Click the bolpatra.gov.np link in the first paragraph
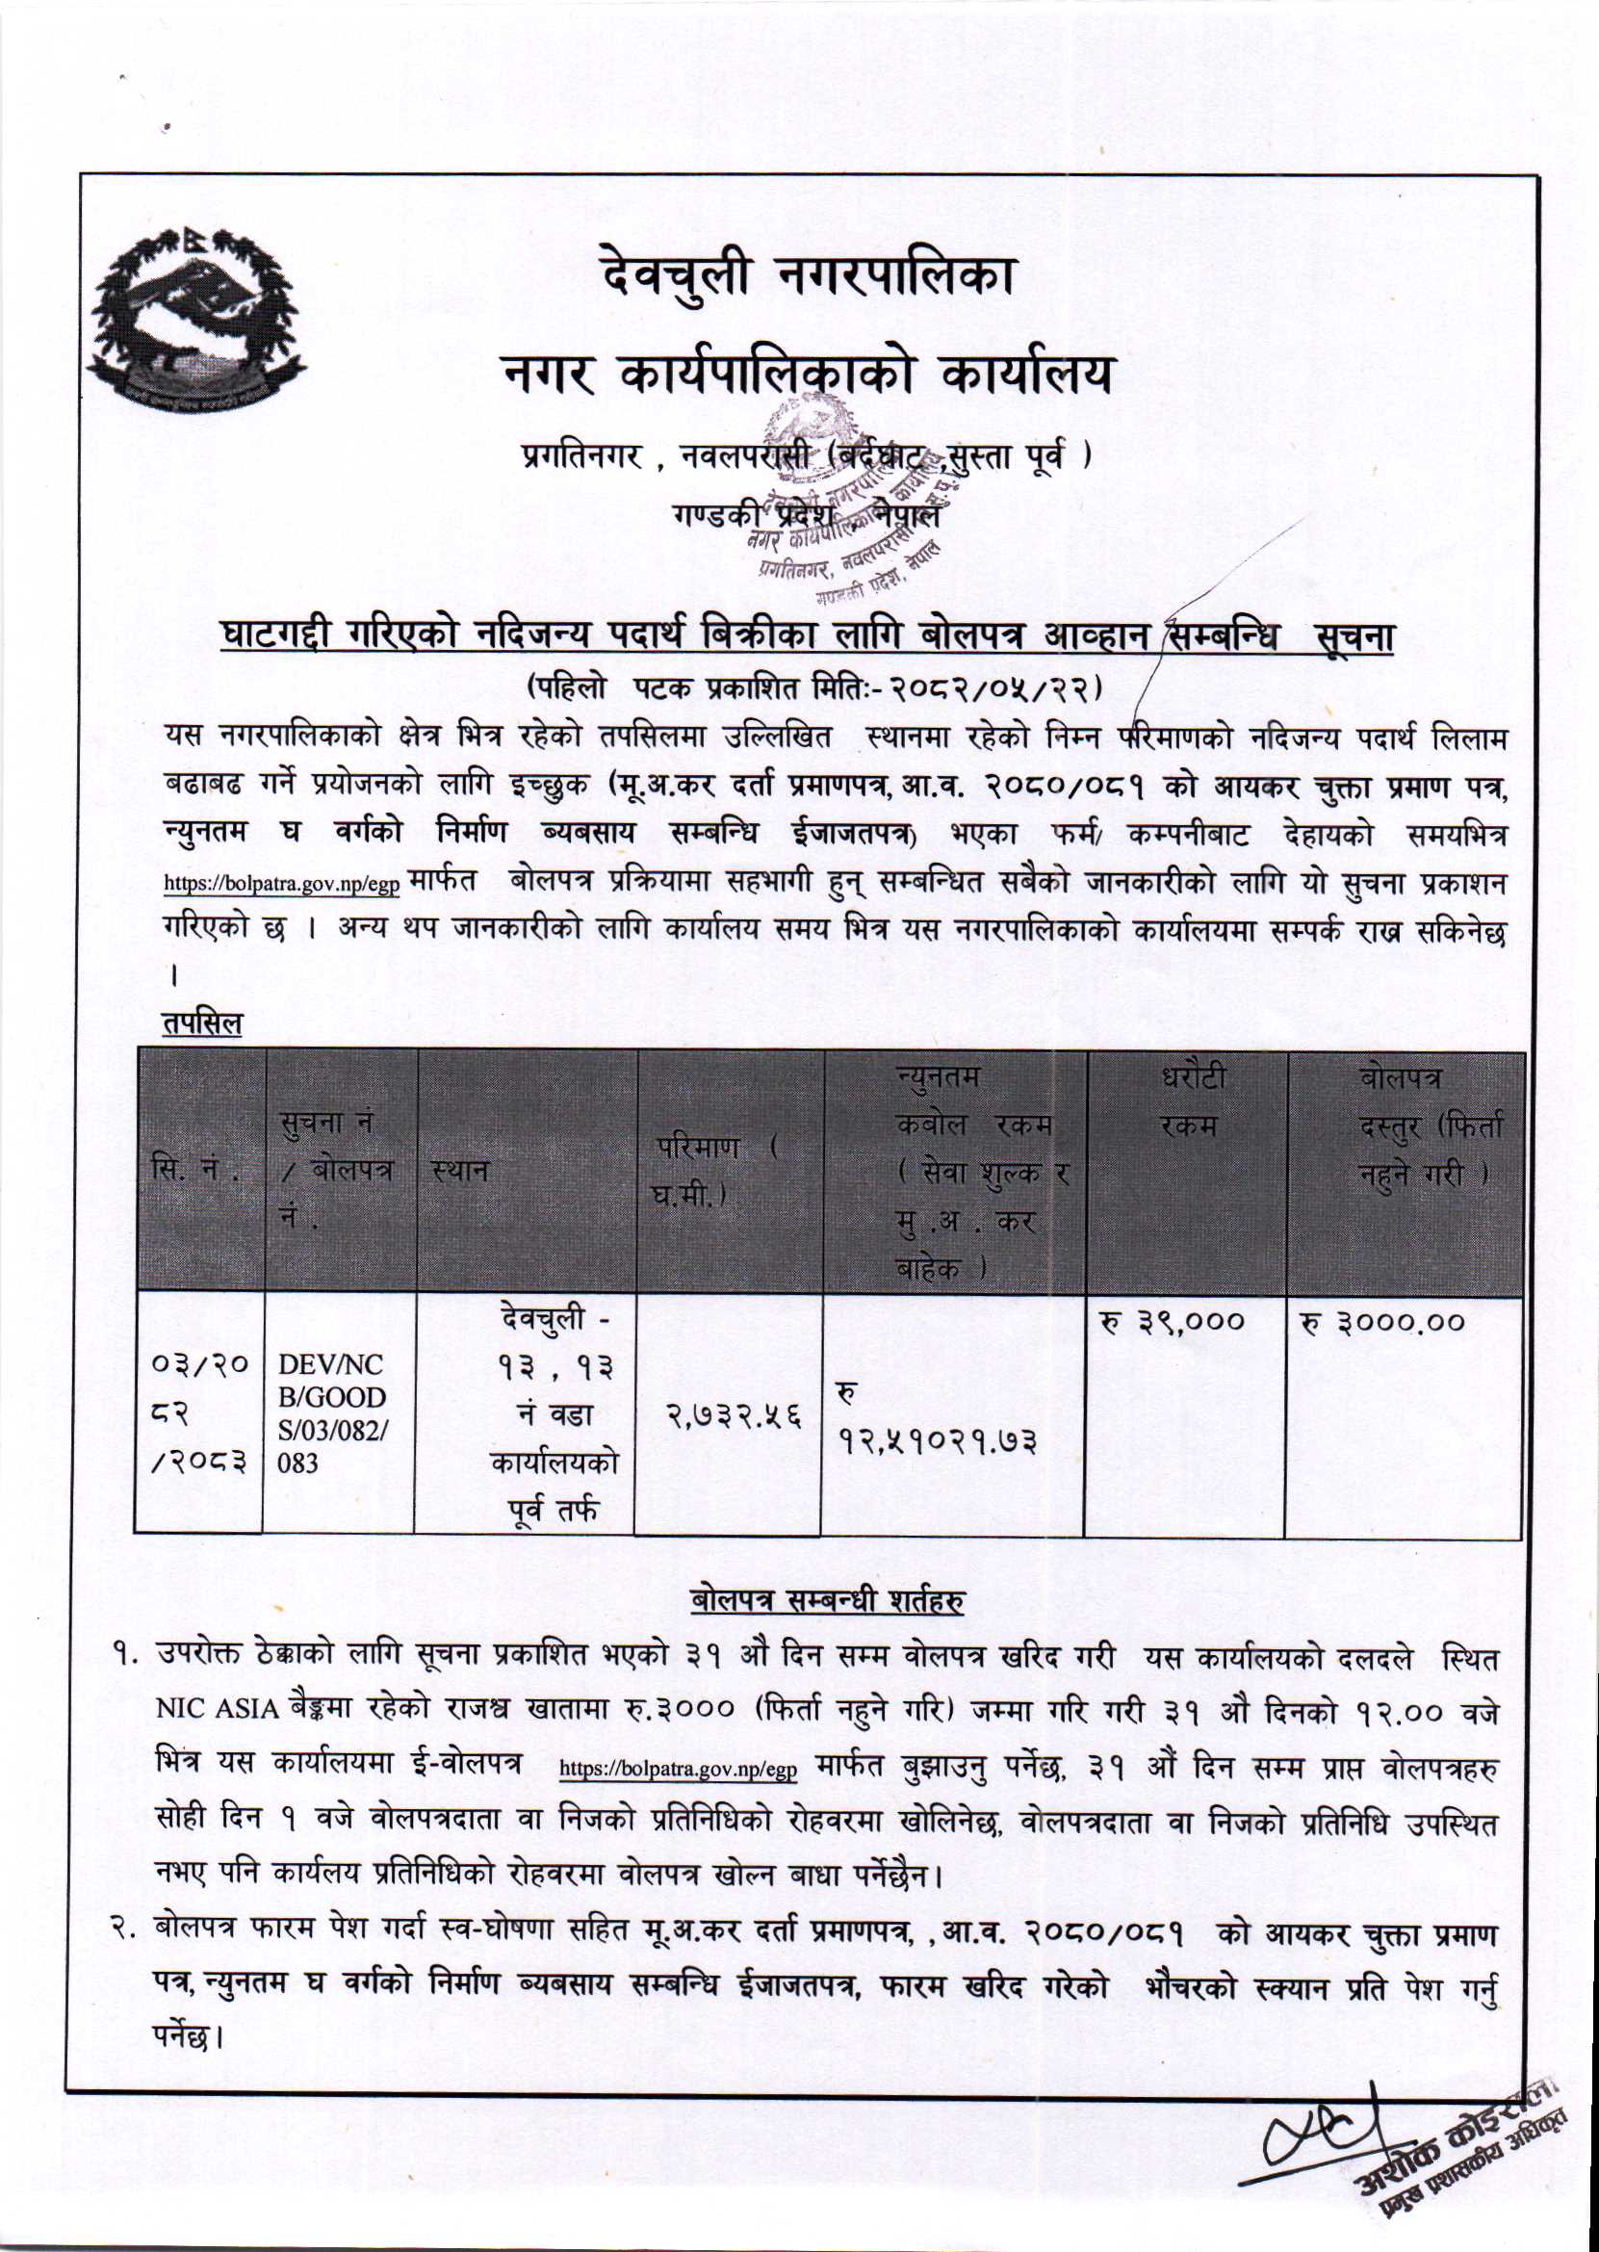click(282, 882)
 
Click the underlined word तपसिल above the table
click(201, 1024)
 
